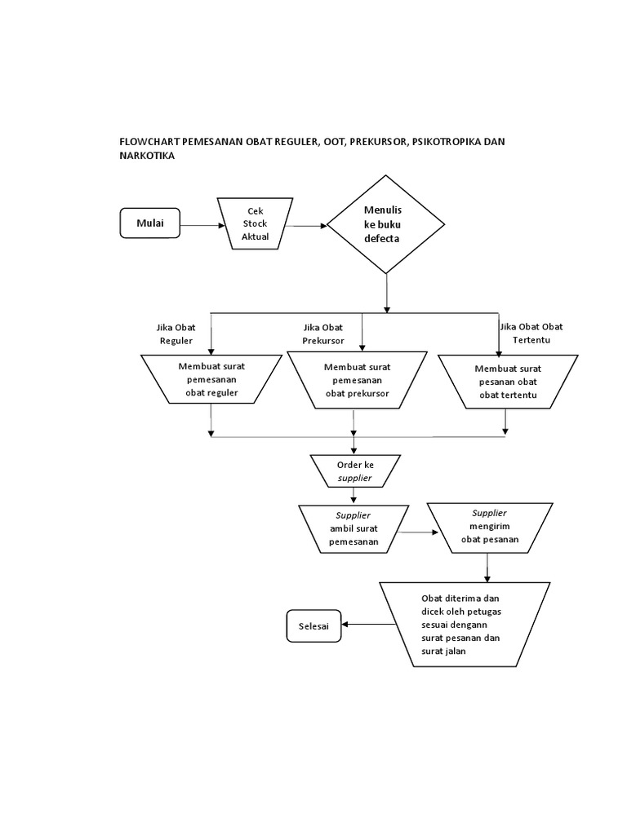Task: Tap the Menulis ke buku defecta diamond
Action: [386, 224]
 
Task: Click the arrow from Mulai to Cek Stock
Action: [201, 225]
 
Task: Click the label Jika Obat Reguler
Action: [176, 334]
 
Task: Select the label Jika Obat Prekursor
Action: [322, 334]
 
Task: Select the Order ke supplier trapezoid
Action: [354, 471]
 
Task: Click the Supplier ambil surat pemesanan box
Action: [354, 528]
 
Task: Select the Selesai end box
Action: [313, 625]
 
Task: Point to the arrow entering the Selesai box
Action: [367, 625]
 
